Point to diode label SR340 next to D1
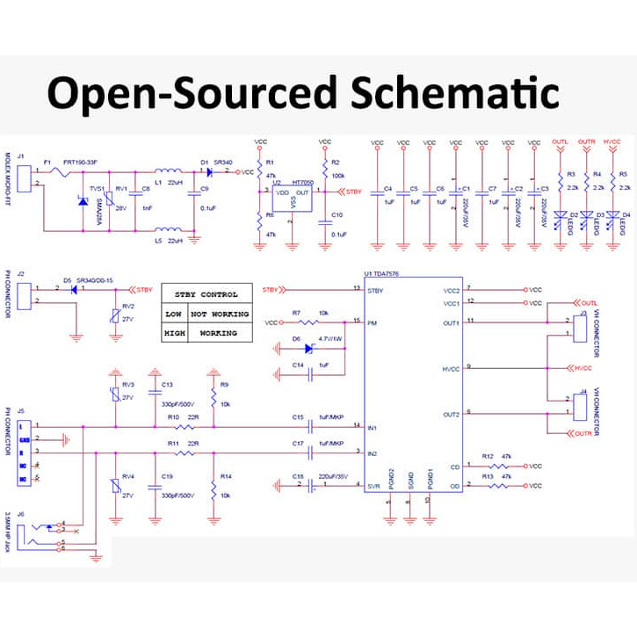tap(223, 163)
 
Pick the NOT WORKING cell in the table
tap(219, 314)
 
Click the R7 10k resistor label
tap(309, 313)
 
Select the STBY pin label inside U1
tap(376, 289)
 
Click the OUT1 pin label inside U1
tap(451, 322)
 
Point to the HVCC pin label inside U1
tap(451, 368)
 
